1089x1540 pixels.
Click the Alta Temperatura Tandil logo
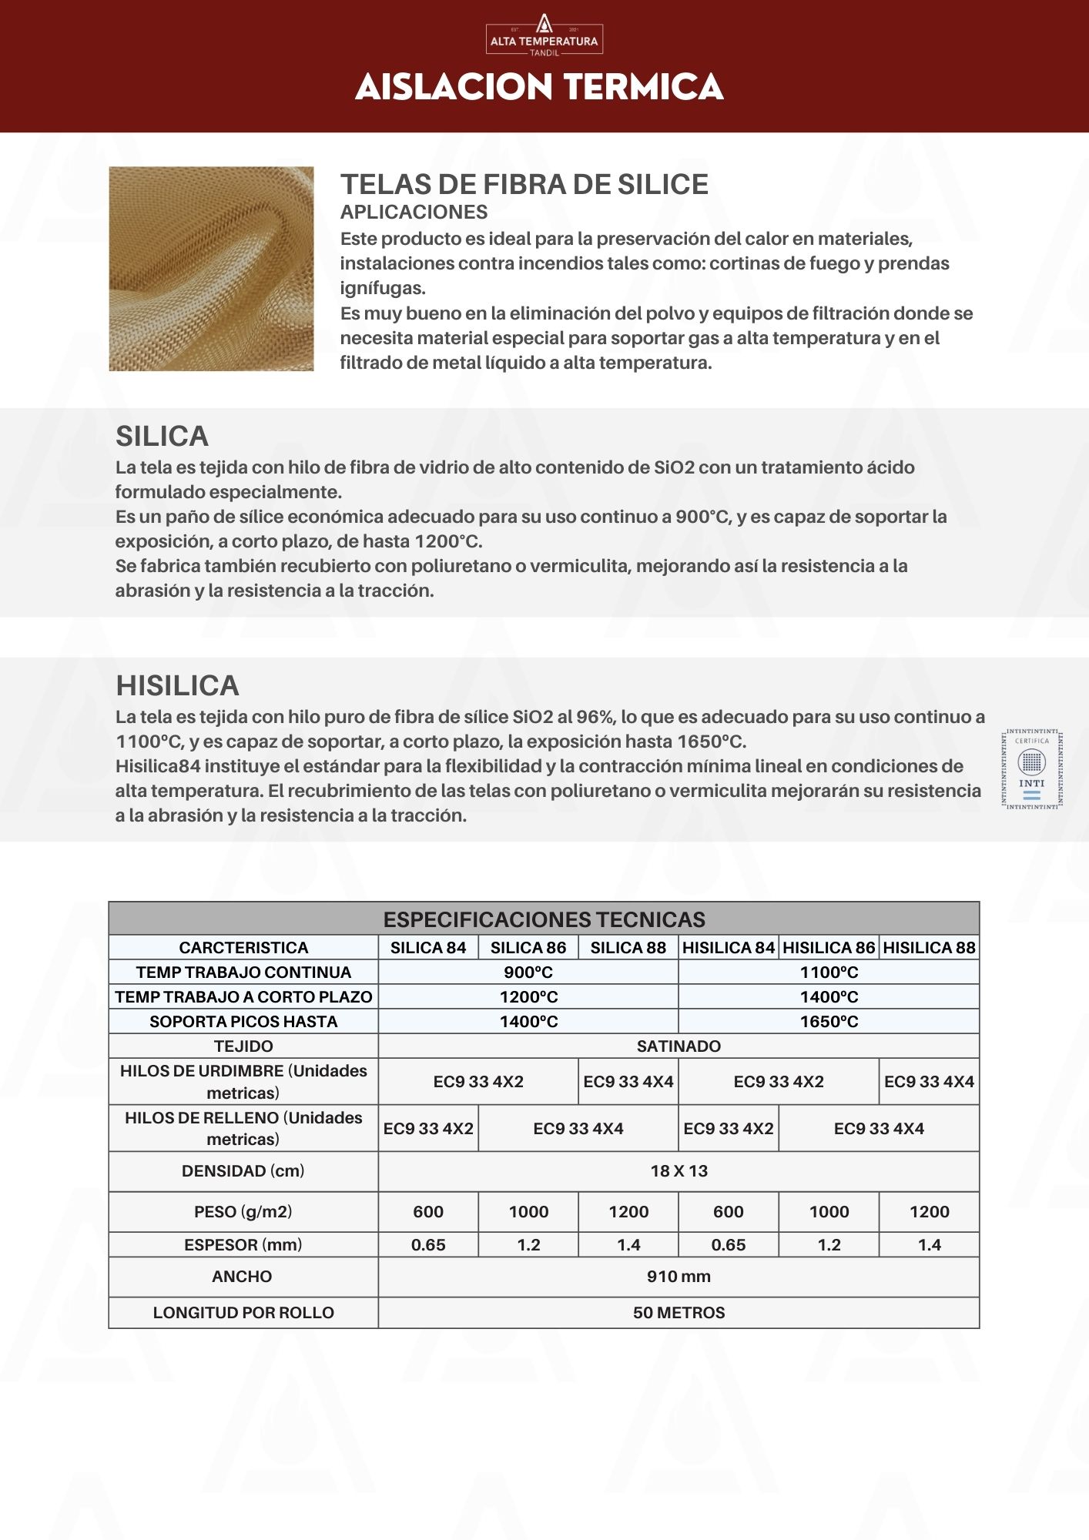(544, 35)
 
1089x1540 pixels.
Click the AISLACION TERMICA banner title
(539, 87)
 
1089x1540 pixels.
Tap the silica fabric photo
(211, 269)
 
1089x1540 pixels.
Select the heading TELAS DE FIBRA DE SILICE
(524, 185)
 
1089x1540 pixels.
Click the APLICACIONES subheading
(414, 213)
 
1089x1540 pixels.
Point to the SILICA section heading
(162, 437)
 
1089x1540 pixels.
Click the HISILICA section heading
(177, 686)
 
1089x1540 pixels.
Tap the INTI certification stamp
(1031, 769)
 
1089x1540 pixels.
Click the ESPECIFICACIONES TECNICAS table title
(544, 919)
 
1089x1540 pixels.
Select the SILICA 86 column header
(528, 948)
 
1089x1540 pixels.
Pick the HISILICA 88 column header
(929, 948)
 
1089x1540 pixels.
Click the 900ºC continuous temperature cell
(528, 973)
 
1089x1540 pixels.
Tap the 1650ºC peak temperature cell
(829, 1022)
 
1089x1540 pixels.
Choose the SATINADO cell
(679, 1046)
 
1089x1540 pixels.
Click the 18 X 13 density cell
(679, 1171)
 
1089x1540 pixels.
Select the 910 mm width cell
(679, 1277)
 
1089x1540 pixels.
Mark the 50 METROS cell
(679, 1313)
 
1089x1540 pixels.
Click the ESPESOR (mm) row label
(243, 1245)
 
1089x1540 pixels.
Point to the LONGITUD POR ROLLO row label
(243, 1313)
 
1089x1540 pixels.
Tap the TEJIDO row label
(243, 1046)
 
